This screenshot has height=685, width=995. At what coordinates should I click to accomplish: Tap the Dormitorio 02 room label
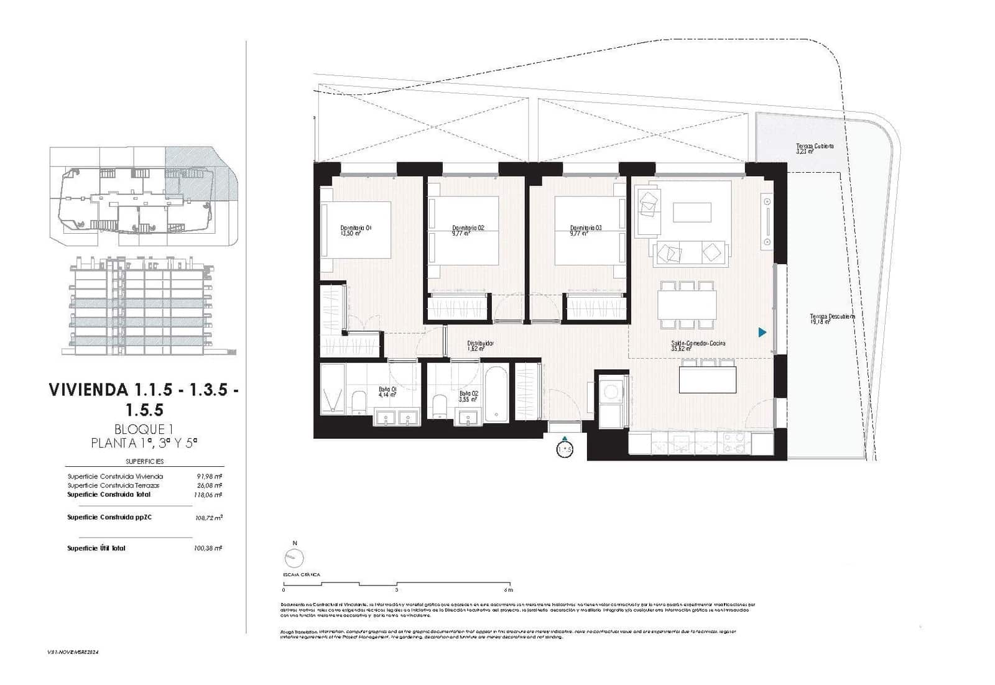click(x=468, y=231)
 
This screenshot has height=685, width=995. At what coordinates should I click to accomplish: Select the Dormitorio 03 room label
click(x=585, y=231)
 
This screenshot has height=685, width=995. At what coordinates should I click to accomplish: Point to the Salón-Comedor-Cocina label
click(x=698, y=346)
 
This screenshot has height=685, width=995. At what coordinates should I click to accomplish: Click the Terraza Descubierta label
click(x=832, y=319)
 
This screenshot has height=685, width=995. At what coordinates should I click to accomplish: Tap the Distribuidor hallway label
click(x=480, y=346)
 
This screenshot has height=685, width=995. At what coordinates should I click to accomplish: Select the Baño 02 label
click(x=468, y=396)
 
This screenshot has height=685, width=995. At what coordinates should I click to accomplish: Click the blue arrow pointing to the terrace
click(x=762, y=333)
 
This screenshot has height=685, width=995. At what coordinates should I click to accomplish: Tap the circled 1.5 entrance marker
click(x=564, y=449)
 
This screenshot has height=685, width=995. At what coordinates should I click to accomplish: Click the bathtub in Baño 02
click(x=496, y=395)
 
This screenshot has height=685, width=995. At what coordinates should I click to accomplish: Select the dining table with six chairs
click(x=687, y=305)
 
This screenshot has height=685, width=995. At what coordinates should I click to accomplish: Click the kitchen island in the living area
click(x=708, y=379)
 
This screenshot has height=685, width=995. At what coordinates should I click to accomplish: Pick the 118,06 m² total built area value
click(x=208, y=495)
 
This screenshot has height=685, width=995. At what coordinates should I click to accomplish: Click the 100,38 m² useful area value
click(x=208, y=548)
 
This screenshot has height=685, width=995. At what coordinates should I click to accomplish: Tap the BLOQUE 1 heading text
click(x=144, y=429)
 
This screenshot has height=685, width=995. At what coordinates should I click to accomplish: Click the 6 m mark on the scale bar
click(x=509, y=590)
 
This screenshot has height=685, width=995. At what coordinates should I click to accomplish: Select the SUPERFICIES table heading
click(x=144, y=461)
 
